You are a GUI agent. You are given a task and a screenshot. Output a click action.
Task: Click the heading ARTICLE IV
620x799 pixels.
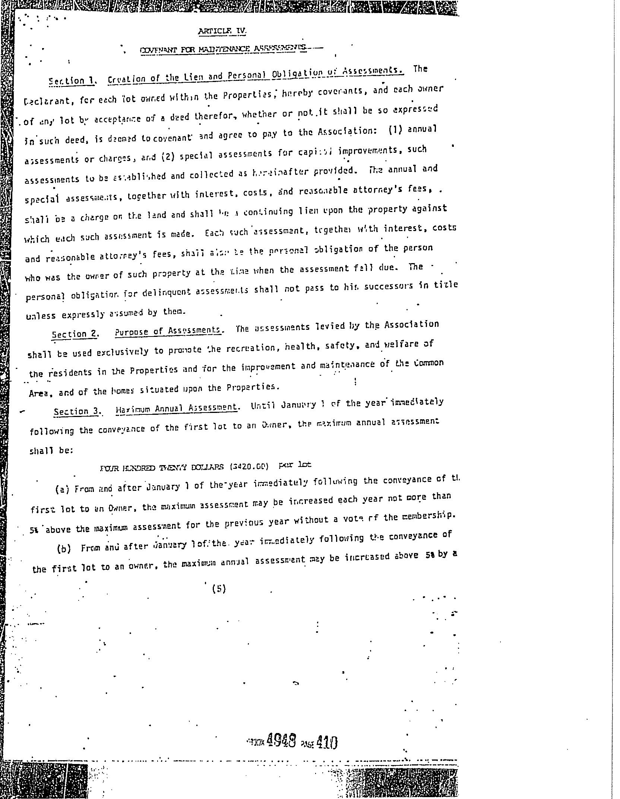(222, 31)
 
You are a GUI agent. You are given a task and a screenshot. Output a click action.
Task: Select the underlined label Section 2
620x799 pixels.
(75, 334)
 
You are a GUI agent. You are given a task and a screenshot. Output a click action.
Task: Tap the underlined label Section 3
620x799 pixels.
(77, 411)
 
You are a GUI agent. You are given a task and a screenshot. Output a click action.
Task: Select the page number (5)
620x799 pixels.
(219, 589)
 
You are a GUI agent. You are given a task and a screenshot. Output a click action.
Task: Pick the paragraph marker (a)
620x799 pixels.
(62, 489)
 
